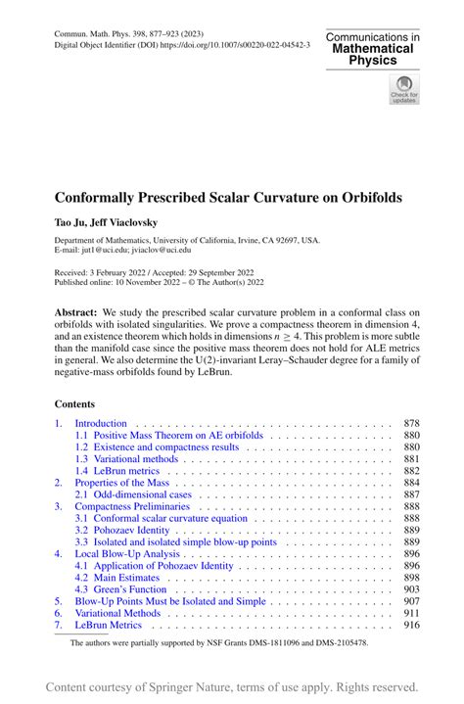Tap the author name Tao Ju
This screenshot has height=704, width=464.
(x=70, y=222)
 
